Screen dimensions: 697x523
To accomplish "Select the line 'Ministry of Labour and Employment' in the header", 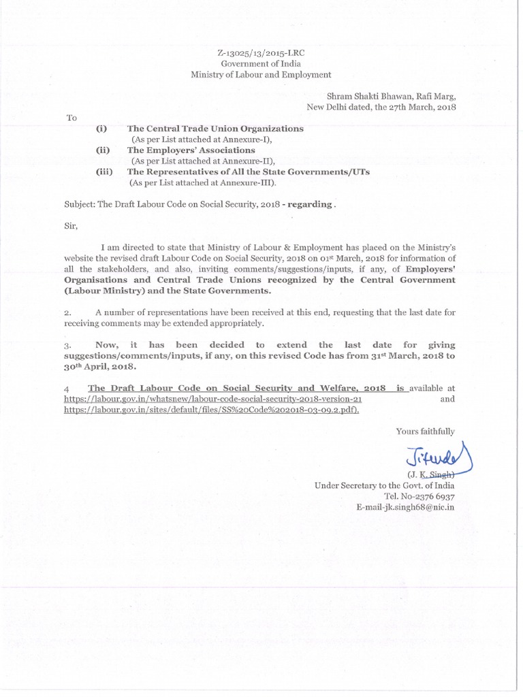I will tap(261, 74).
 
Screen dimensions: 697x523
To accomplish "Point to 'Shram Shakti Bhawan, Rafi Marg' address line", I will tap(391, 97).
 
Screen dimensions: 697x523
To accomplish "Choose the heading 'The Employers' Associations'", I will tap(191, 150).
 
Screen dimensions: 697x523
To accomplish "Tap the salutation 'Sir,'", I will tap(71, 225).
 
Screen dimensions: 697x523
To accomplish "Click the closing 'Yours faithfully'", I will tap(426, 431).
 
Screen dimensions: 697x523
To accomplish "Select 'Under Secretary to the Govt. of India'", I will tap(384, 485).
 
